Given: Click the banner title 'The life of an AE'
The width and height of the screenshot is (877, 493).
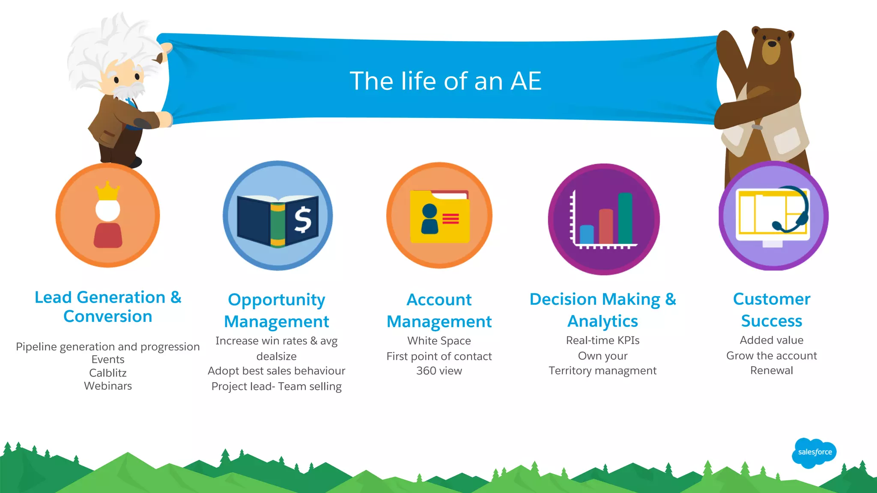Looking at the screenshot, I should (445, 81).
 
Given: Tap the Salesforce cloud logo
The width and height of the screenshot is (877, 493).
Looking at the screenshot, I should (814, 452).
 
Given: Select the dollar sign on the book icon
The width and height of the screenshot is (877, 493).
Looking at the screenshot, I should (303, 219).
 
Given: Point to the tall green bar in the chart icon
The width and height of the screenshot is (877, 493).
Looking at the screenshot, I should (625, 218).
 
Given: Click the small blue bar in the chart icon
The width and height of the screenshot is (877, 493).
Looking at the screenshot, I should (586, 234).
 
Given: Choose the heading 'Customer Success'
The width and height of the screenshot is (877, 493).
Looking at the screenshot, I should (771, 309).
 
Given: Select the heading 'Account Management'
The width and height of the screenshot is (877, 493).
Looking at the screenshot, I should (439, 310).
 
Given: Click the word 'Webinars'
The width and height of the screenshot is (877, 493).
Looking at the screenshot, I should (108, 386).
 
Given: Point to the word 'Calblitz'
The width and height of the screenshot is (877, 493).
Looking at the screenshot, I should (108, 373).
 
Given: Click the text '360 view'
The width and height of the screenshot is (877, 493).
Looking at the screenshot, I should (439, 371).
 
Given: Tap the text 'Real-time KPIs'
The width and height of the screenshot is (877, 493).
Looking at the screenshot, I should (603, 340).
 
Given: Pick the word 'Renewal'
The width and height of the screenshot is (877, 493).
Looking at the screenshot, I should (771, 371).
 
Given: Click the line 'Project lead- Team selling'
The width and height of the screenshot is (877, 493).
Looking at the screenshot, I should (276, 386).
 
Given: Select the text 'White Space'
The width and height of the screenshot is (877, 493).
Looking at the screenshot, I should (439, 341).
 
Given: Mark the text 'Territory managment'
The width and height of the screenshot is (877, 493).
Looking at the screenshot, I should (603, 371).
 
